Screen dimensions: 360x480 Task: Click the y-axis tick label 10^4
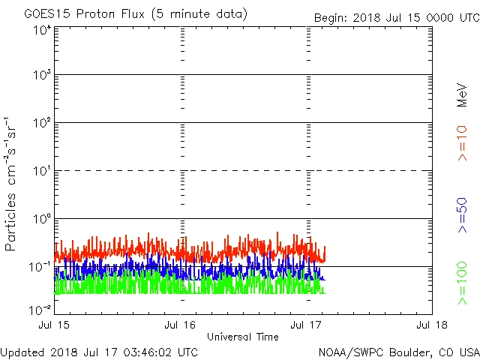42,30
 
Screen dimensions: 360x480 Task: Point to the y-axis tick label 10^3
42,75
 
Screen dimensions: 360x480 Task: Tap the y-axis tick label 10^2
42,123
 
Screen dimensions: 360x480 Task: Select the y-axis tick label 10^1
42,171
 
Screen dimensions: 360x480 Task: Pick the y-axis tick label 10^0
42,218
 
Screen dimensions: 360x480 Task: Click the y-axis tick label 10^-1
40,266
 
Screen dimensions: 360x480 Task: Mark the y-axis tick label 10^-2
40,310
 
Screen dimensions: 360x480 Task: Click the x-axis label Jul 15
55,325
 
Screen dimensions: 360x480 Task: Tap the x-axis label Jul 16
181,325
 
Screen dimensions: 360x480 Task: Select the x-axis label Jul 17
307,325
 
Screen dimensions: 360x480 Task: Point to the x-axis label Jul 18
432,325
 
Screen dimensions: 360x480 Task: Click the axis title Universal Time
243,337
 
